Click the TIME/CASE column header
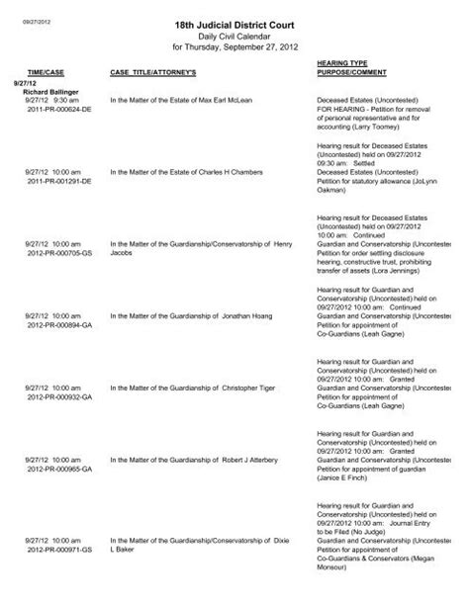46,74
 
